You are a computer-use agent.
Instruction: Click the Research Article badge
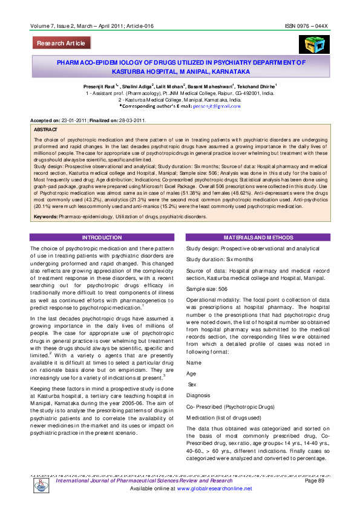62,43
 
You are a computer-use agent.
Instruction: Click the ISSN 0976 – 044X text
306,27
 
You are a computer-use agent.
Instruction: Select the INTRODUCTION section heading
102,238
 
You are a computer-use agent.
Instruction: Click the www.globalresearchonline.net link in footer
214,488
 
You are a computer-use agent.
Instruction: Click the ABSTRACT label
46,130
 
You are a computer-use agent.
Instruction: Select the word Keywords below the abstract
45,216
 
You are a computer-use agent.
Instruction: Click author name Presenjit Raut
101,87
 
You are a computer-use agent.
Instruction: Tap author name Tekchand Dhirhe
256,87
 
